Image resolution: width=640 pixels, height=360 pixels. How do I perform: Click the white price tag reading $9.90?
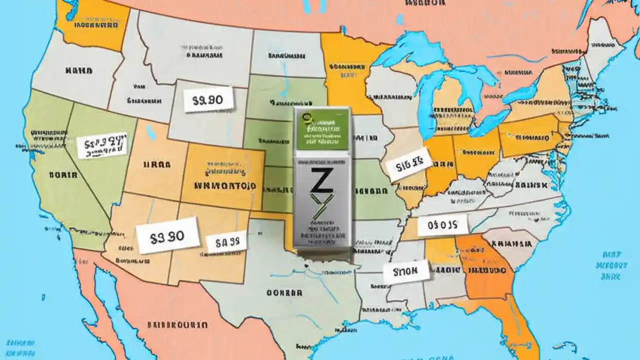(208, 99)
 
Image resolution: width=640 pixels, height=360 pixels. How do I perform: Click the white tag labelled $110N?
(406, 272)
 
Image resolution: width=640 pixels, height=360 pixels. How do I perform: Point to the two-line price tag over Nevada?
(102, 145)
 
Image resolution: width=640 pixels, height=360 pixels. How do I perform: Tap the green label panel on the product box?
(321, 128)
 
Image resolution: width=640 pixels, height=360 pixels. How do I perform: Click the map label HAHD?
(79, 71)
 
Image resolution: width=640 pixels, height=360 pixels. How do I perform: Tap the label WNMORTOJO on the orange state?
(225, 185)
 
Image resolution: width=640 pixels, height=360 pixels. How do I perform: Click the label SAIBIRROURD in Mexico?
(177, 325)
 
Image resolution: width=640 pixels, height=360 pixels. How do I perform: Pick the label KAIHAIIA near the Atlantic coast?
(511, 244)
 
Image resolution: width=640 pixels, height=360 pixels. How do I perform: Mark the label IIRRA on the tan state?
(157, 164)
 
